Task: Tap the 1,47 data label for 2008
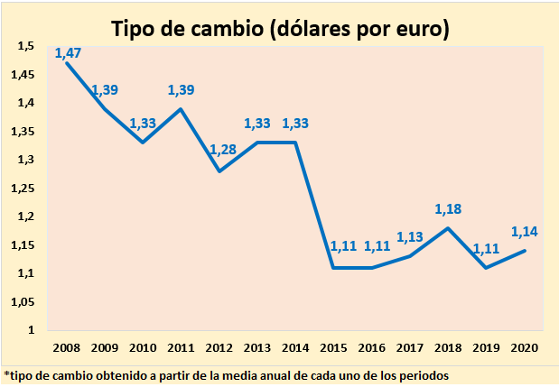click(69, 53)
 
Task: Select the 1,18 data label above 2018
click(449, 209)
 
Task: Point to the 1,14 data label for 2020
click(525, 232)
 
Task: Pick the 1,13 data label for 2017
click(411, 237)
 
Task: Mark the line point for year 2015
click(335, 268)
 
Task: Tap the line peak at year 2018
click(449, 228)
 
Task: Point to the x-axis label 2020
click(524, 348)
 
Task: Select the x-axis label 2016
click(371, 348)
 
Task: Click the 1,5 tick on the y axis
click(26, 46)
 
